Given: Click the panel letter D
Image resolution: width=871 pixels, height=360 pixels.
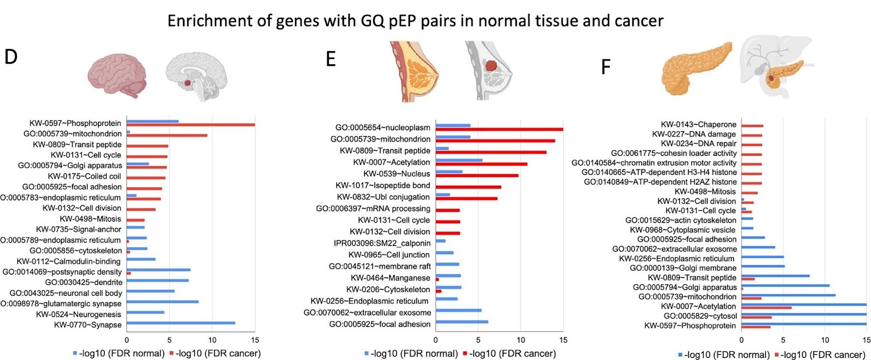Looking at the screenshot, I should pos(11,56).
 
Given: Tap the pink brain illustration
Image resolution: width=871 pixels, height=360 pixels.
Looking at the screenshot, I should pos(119,77).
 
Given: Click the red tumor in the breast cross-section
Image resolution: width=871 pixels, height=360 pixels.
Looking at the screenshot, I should pos(491,65).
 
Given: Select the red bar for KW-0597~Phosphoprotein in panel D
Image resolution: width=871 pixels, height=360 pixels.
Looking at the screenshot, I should pos(191,125).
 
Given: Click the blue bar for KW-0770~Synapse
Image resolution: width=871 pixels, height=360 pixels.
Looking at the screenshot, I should pos(181,323).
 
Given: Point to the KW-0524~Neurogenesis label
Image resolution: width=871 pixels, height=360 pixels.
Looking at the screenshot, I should pos(78,314).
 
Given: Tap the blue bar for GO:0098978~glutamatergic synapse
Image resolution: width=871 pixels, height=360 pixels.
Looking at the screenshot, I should pos(162,302).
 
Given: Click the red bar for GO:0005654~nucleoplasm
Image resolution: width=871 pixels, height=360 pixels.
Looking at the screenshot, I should pos(499,130).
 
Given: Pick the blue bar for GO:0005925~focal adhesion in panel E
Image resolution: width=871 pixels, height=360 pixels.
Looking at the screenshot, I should pos(462,322).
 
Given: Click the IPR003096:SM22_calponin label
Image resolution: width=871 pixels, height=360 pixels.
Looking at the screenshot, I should pos(382,243).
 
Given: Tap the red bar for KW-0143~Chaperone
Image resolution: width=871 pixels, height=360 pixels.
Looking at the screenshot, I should pos(752,126).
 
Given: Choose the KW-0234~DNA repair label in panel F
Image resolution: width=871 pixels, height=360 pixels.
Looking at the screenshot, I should pos(698,143).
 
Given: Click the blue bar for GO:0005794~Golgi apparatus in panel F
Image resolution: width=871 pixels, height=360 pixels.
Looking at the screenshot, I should pos(786,285).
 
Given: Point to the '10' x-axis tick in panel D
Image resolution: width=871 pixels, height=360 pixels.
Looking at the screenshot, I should pos(212,340).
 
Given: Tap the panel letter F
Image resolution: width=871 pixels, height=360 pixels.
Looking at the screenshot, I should pos(605,67).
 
